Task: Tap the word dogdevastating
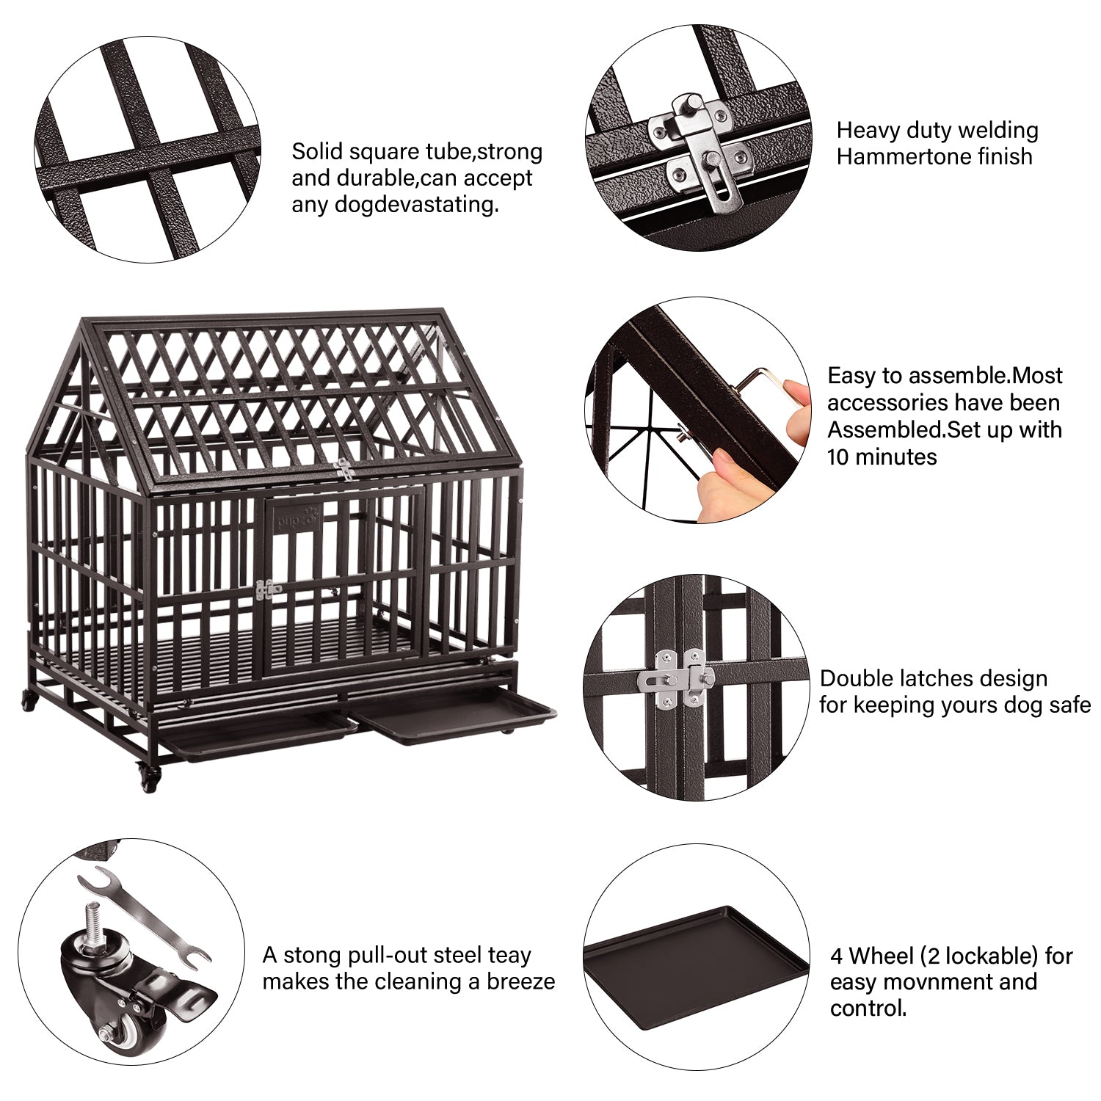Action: pos(396,204)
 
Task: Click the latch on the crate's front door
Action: pos(268,589)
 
